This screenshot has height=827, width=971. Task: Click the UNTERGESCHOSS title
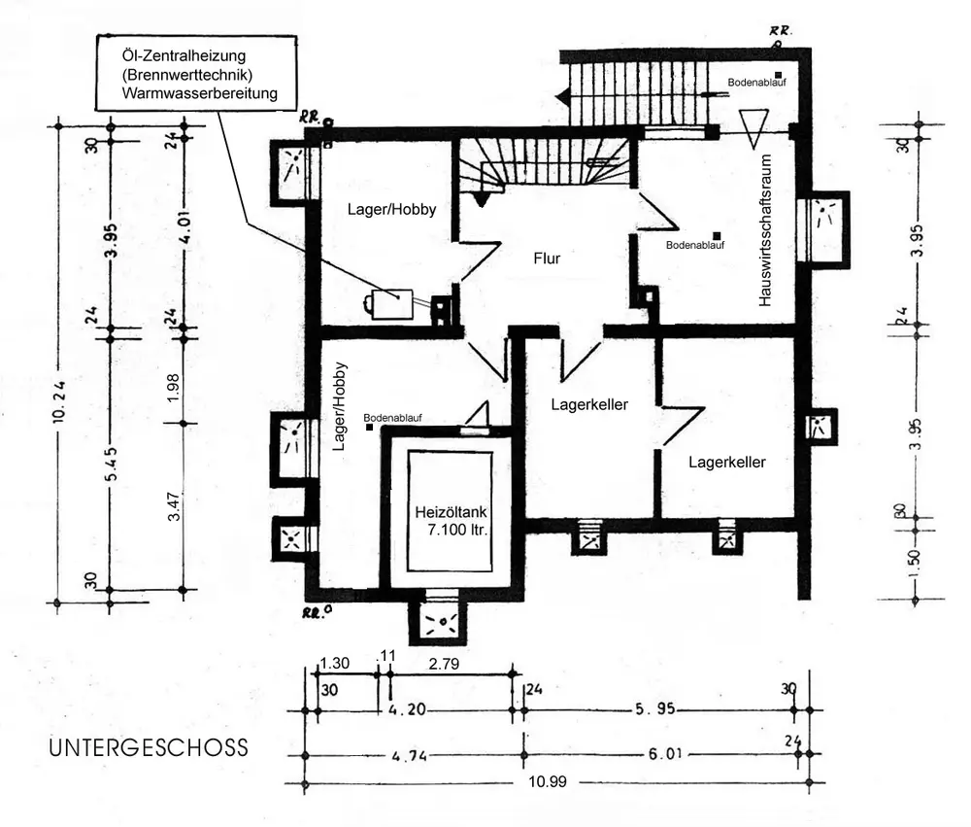pos(149,747)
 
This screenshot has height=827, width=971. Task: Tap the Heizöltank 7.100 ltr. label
pos(451,521)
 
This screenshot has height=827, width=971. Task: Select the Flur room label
pos(547,258)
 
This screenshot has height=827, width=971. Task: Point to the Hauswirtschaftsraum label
pos(765,230)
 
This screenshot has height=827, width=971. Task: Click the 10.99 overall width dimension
pos(548,781)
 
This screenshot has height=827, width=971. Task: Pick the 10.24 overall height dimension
pos(59,400)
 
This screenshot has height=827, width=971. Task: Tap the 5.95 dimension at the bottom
pos(655,708)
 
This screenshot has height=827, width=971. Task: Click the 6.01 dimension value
pos(665,754)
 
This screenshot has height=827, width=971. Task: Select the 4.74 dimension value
pos(409,756)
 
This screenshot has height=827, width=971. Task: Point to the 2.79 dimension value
pos(444,664)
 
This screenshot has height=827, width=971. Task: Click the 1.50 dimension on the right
pos(917,564)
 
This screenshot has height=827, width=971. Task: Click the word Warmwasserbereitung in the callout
pos(199,93)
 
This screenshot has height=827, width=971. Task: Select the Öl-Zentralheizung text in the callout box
pos(184,55)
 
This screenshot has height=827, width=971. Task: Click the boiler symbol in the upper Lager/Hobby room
pos(390,304)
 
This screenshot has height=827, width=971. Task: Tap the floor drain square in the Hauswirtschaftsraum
pos(718,235)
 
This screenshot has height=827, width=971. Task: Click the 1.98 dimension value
pos(174,388)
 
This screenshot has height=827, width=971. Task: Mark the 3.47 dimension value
pos(175,506)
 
